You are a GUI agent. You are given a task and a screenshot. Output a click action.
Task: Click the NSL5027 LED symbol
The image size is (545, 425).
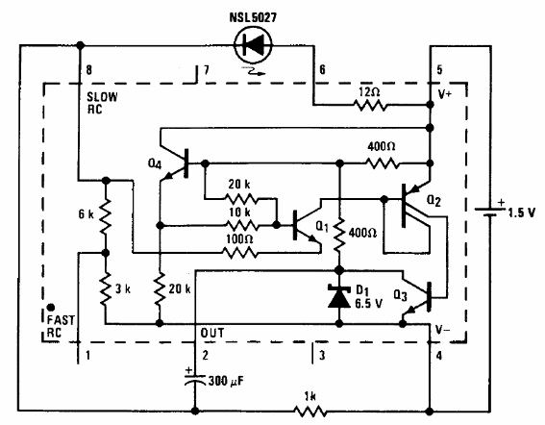pyautogui.click(x=253, y=44)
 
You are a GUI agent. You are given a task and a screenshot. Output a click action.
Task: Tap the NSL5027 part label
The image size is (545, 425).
pyautogui.click(x=253, y=17)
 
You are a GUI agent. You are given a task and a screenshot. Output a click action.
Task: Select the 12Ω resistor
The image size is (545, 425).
pyautogui.click(x=370, y=105)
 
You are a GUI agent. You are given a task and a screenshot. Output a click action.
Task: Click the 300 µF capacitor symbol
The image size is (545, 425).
pyautogui.click(x=195, y=379)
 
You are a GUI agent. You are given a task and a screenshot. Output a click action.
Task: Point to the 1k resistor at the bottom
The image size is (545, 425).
pyautogui.click(x=310, y=412)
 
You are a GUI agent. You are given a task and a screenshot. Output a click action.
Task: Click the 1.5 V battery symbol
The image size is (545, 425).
pyautogui.click(x=490, y=212)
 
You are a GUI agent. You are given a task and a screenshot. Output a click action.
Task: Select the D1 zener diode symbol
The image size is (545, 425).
pyautogui.click(x=339, y=296)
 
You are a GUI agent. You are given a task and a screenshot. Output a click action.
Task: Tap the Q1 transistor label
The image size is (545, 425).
pyautogui.click(x=322, y=227)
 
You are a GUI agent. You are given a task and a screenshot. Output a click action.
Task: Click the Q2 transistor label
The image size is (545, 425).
pyautogui.click(x=434, y=201)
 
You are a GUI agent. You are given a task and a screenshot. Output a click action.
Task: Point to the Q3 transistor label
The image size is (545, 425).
pyautogui.click(x=400, y=295)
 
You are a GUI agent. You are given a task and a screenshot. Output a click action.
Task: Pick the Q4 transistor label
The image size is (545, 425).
pyautogui.click(x=155, y=163)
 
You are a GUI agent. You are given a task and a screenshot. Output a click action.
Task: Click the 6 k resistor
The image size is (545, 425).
pyautogui.click(x=106, y=216)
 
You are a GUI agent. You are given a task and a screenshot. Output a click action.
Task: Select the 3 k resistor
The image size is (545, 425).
pyautogui.click(x=106, y=288)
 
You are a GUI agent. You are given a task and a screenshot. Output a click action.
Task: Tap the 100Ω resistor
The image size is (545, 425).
pyautogui.click(x=240, y=253)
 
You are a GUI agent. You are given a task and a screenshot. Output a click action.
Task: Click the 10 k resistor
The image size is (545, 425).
pyautogui.click(x=241, y=226)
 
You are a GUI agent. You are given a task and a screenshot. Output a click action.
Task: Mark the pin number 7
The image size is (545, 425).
pyautogui.click(x=207, y=70)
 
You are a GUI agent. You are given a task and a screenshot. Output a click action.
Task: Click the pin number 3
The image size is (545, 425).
pyautogui.click(x=322, y=356)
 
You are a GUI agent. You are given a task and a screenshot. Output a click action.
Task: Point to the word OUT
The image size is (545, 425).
pyautogui.click(x=212, y=333)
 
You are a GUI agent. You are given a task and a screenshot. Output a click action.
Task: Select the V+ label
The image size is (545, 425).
pyautogui.click(x=444, y=94)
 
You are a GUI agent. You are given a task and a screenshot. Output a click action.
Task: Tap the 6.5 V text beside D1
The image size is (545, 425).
pyautogui.click(x=368, y=304)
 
